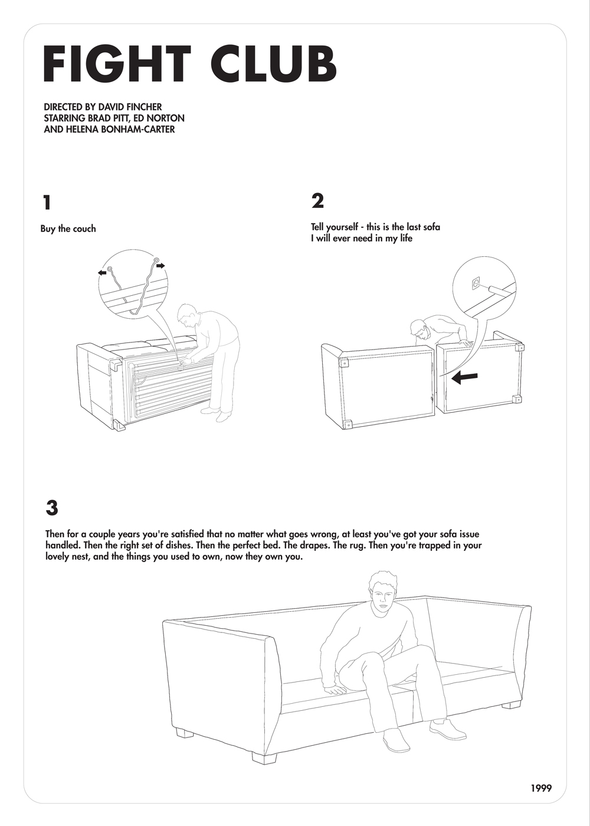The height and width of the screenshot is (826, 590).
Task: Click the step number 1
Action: [47, 203]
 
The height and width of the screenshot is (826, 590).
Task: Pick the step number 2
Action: [317, 201]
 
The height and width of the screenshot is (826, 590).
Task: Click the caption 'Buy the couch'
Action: [68, 228]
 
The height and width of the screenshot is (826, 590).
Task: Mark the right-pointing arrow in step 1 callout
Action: [160, 265]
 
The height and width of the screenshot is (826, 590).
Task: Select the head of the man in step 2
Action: [421, 329]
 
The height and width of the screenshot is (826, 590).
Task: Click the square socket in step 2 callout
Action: [476, 283]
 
